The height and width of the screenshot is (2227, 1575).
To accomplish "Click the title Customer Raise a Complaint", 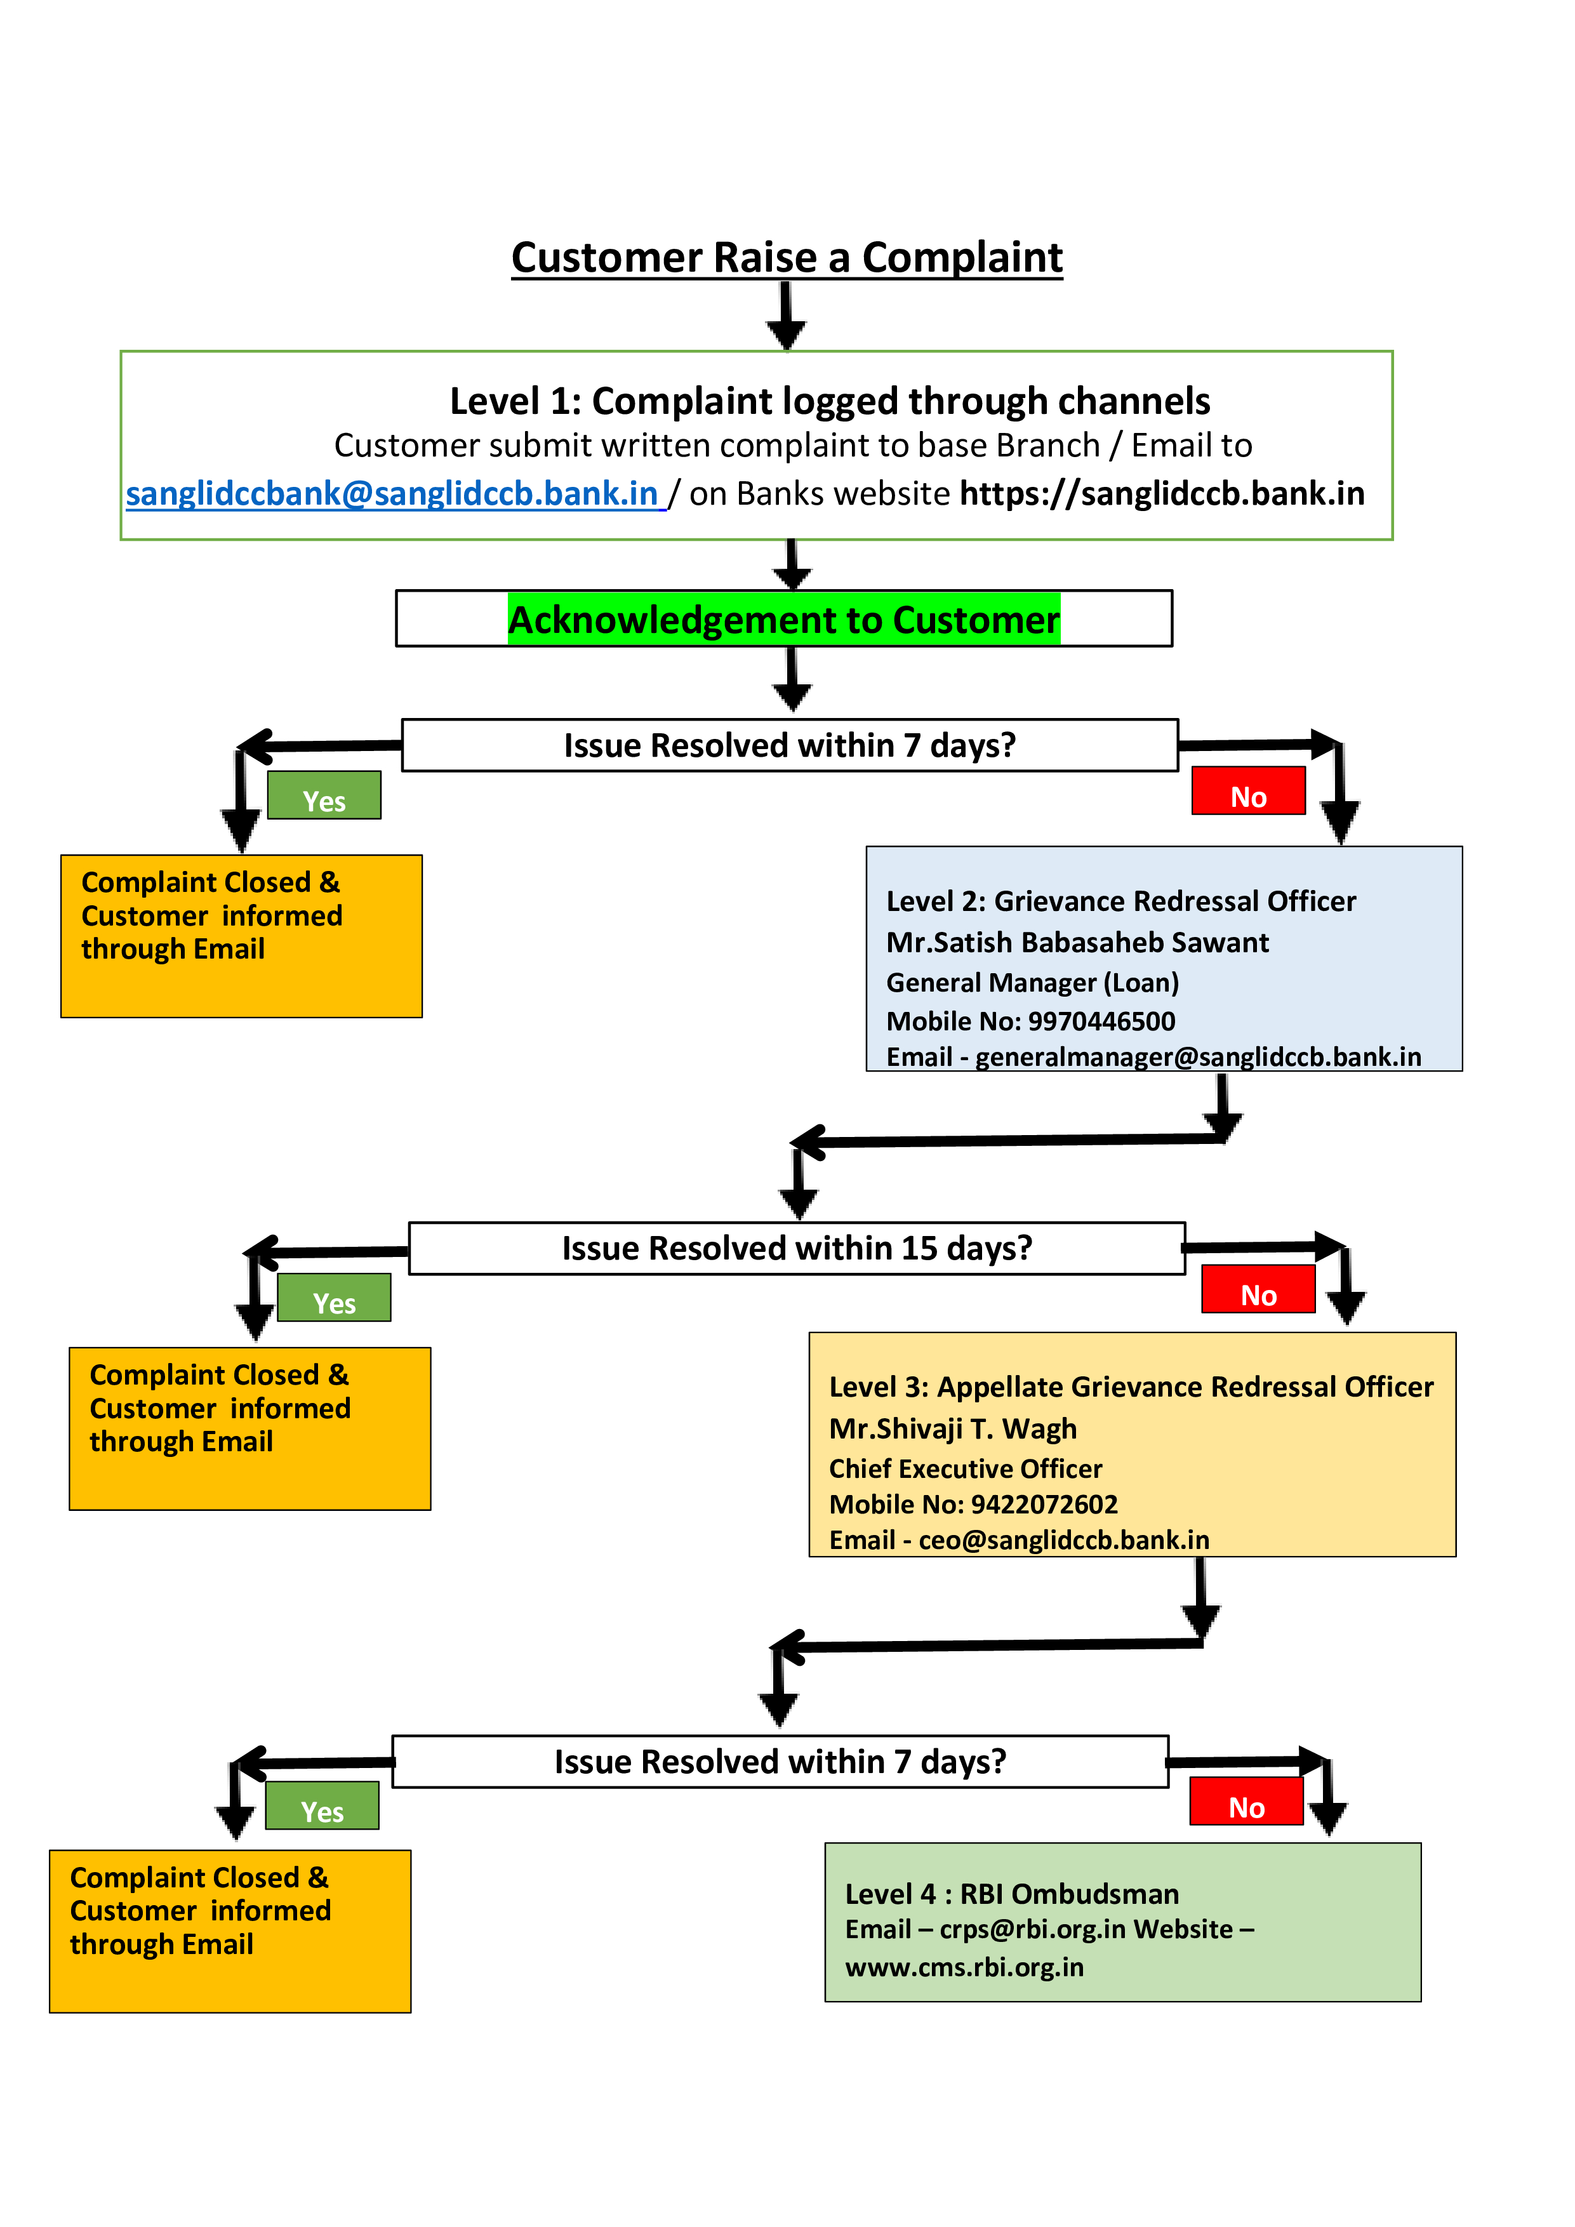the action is [x=787, y=258].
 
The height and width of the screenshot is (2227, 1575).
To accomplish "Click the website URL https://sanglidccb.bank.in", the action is [x=1162, y=494].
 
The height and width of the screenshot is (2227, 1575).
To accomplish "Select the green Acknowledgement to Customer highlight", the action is [x=783, y=619].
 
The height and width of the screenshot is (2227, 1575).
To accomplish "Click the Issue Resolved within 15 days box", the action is [x=797, y=1248].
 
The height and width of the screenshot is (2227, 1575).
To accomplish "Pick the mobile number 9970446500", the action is [x=1101, y=1021].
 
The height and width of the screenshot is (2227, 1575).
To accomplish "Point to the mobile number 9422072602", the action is [x=1044, y=1505].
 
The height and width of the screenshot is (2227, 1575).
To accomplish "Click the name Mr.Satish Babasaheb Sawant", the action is [x=1077, y=943].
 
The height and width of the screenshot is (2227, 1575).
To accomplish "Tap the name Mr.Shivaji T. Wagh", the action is [x=954, y=1429].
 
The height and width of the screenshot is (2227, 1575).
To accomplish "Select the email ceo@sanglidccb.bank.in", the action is [x=1064, y=1540].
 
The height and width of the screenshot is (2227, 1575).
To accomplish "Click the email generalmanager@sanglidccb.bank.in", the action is [x=1199, y=1056].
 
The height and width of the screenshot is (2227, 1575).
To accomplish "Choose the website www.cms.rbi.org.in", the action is [x=965, y=1967].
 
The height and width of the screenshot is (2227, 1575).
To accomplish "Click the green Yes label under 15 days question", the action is [x=334, y=1298].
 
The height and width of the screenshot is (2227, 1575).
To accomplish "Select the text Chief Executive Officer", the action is [x=966, y=1468].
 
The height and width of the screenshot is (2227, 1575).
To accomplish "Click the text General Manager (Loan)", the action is [x=1033, y=983].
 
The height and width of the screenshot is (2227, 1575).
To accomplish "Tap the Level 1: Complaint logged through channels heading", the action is [x=830, y=401].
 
